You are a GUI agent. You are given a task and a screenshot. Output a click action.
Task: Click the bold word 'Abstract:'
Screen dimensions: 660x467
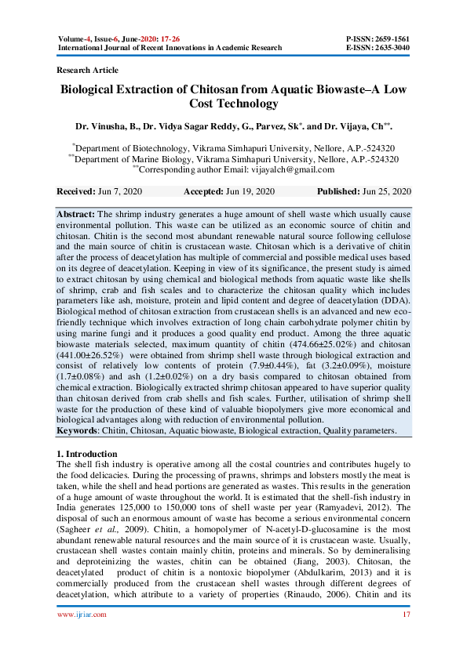point(75,214)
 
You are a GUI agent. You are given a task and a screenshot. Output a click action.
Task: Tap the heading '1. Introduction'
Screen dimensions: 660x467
point(88,454)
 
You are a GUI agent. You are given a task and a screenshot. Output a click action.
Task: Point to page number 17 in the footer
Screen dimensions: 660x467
point(406,636)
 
